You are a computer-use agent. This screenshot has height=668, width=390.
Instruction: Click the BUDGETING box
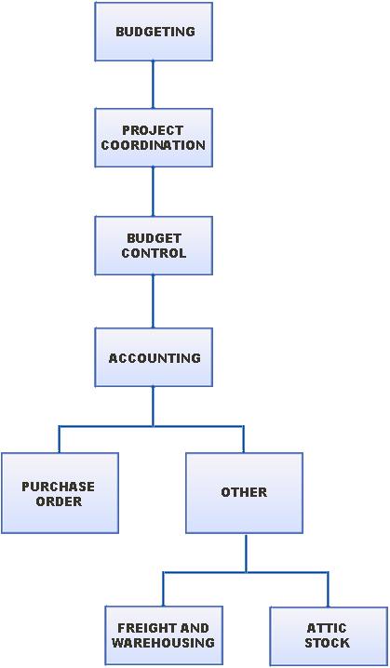pos(154,32)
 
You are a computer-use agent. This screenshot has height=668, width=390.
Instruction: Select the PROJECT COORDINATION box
pos(154,138)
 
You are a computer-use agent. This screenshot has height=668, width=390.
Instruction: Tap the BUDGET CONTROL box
pos(154,246)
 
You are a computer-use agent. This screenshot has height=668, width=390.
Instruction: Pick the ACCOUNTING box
pos(154,357)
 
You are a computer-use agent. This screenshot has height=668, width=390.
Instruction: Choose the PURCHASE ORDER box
pos(60,493)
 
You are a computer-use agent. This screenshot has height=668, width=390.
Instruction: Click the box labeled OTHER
pos(244,493)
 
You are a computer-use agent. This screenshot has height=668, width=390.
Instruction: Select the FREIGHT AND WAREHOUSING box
pos(164,635)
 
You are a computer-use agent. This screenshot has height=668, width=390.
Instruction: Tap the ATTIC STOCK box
pos(329,635)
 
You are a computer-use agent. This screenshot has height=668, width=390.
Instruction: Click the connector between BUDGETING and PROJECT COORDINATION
pos(153,85)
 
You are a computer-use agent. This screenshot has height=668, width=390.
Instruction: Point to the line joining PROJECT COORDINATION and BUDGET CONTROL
pos(153,192)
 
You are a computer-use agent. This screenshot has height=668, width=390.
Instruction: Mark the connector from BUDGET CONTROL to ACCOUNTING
pos(153,301)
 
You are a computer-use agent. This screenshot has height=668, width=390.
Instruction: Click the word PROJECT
pos(153,130)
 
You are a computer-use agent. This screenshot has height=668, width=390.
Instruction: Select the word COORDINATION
pos(153,145)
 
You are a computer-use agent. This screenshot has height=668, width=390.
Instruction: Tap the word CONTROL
pos(154,253)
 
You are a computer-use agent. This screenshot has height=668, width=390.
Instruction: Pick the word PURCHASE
pos(59,487)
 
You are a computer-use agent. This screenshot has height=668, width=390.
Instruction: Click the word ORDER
pos(59,501)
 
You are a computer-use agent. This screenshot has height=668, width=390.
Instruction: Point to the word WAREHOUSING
pos(163,643)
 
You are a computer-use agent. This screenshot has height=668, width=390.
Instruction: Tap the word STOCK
pos(328,643)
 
